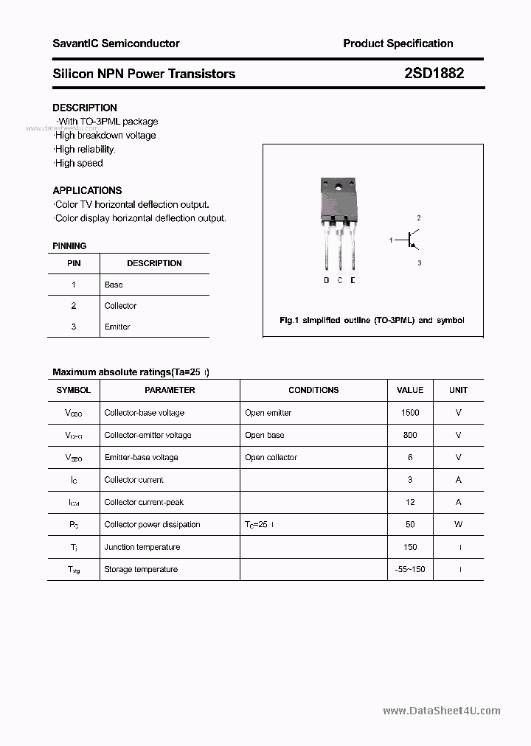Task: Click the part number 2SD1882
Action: click(x=434, y=74)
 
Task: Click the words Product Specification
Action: click(x=398, y=43)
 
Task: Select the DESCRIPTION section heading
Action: click(x=85, y=108)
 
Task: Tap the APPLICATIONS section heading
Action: click(x=87, y=190)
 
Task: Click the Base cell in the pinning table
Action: click(x=114, y=285)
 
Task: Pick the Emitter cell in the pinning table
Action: click(x=117, y=327)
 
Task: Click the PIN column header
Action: click(x=74, y=263)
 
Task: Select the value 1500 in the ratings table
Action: click(x=410, y=413)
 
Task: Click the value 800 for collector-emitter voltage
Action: click(x=410, y=435)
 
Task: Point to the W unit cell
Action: click(x=458, y=524)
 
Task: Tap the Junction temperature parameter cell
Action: click(x=142, y=547)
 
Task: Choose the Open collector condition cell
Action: click(x=271, y=457)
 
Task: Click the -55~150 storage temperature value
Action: click(x=410, y=569)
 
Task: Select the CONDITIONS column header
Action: click(x=313, y=390)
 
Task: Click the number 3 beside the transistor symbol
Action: click(x=419, y=262)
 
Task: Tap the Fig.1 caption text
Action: click(x=372, y=321)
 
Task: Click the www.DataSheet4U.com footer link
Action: click(x=442, y=711)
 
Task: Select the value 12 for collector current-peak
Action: click(x=410, y=502)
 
